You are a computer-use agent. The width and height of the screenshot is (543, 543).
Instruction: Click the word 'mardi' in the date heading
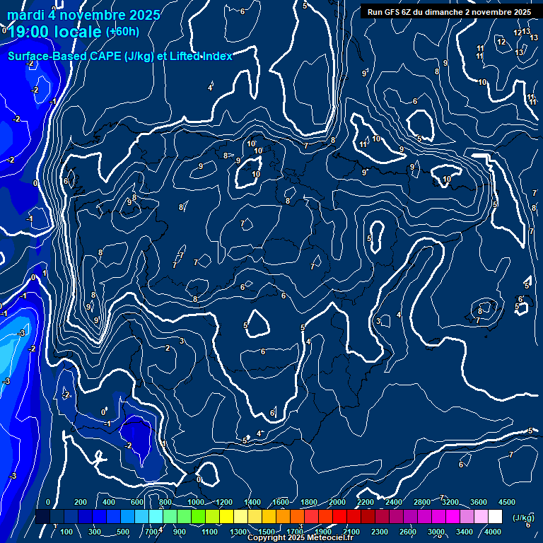pyautogui.click(x=25, y=15)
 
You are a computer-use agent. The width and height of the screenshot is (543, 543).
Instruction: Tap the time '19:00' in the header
pyautogui.click(x=35, y=32)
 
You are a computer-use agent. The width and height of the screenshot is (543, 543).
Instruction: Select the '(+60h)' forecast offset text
pyautogui.click(x=122, y=31)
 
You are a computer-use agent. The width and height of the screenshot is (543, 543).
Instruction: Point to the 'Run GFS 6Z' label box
pyautogui.click(x=449, y=12)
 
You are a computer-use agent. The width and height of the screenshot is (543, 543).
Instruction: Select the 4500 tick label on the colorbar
pyautogui.click(x=506, y=501)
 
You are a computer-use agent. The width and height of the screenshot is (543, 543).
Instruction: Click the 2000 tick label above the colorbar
pyautogui.click(x=337, y=501)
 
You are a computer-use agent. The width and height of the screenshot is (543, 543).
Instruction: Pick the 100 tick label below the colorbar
pyautogui.click(x=66, y=532)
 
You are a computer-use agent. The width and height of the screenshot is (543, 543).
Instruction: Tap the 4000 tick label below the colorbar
pyautogui.click(x=493, y=532)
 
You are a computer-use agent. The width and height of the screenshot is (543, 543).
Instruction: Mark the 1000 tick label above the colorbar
pyautogui.click(x=195, y=501)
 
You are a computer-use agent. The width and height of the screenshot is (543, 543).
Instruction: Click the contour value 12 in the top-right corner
pyautogui.click(x=501, y=42)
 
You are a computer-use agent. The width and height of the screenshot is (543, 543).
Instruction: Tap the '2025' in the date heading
pyautogui.click(x=144, y=15)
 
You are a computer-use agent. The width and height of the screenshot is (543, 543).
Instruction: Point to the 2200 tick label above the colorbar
pyautogui.click(x=366, y=501)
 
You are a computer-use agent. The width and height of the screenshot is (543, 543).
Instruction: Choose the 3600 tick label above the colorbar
pyautogui.click(x=478, y=501)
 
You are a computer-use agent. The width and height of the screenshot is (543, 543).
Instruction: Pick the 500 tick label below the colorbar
pyautogui.click(x=122, y=532)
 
